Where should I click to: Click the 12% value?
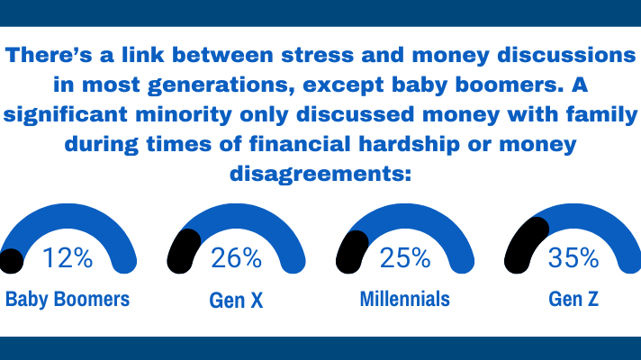[68, 258]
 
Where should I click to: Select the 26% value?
[236, 258]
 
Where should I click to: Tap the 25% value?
[404, 258]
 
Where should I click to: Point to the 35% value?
[573, 258]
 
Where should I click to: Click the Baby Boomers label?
[68, 300]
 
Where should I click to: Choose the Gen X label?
[236, 300]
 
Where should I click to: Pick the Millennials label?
[404, 300]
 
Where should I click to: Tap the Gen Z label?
[573, 300]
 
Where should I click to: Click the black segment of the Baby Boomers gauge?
[12, 260]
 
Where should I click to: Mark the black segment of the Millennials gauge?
[351, 248]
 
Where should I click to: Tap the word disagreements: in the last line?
[321, 172]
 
